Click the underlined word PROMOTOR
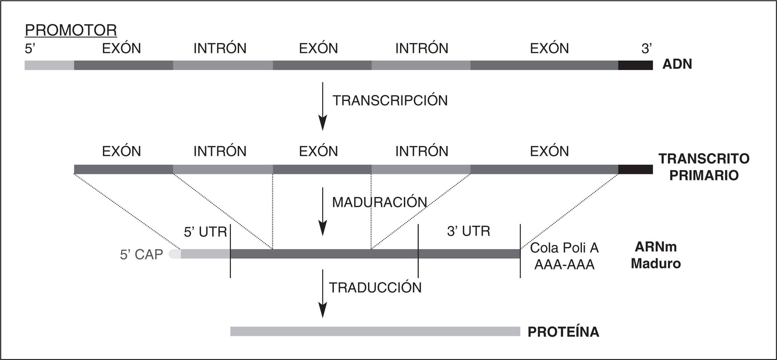click(71, 30)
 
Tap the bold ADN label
click(677, 64)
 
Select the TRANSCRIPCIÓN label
click(390, 101)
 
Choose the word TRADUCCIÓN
click(375, 288)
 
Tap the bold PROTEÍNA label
click(563, 332)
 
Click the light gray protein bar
click(375, 331)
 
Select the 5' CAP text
click(141, 255)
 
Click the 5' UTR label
click(205, 232)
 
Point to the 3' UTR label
click(468, 231)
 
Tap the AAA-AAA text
click(564, 264)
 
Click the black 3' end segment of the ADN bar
click(635, 65)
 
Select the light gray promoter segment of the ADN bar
click(49, 65)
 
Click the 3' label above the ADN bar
click(647, 49)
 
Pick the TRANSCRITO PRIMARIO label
click(704, 167)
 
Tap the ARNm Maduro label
click(656, 255)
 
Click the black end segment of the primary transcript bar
click(635, 170)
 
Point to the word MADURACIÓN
click(379, 202)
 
